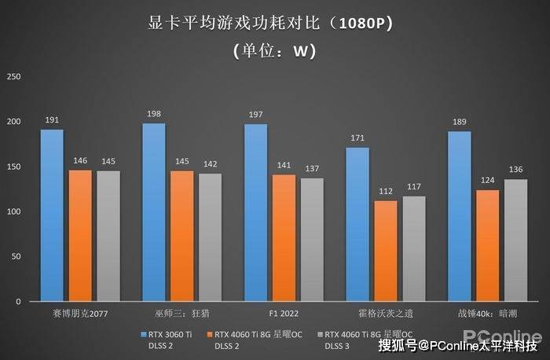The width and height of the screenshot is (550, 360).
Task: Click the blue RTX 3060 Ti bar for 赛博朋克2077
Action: (x=52, y=215)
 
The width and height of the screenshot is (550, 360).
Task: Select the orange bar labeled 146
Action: (x=80, y=236)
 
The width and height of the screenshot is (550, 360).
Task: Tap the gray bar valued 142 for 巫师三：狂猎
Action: (x=210, y=237)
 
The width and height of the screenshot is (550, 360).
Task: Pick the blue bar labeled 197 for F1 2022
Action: (x=255, y=213)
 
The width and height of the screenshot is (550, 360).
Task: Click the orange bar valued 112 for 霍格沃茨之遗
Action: (x=385, y=251)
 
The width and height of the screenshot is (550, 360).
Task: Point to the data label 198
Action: (x=154, y=114)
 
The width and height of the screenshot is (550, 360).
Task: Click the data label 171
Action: (x=357, y=138)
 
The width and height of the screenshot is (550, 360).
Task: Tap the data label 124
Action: (x=487, y=181)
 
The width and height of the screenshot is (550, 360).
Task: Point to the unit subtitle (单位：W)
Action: (x=274, y=52)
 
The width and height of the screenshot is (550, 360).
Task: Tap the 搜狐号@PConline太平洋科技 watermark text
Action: (x=458, y=345)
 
